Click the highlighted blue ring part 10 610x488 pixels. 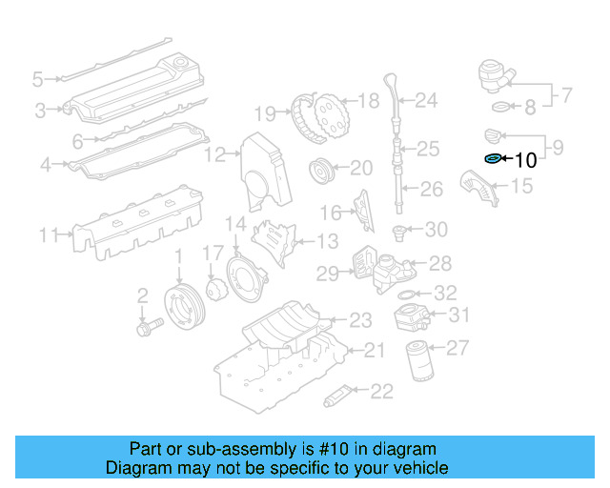493,159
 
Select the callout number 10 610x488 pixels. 525,161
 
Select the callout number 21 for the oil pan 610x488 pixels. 375,351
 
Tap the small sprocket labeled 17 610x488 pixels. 215,289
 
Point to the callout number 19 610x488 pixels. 265,114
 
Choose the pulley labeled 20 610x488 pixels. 321,173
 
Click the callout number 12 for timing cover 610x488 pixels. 215,153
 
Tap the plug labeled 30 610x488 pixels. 401,230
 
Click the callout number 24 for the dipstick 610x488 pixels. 425,99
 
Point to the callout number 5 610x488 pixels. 37,78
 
